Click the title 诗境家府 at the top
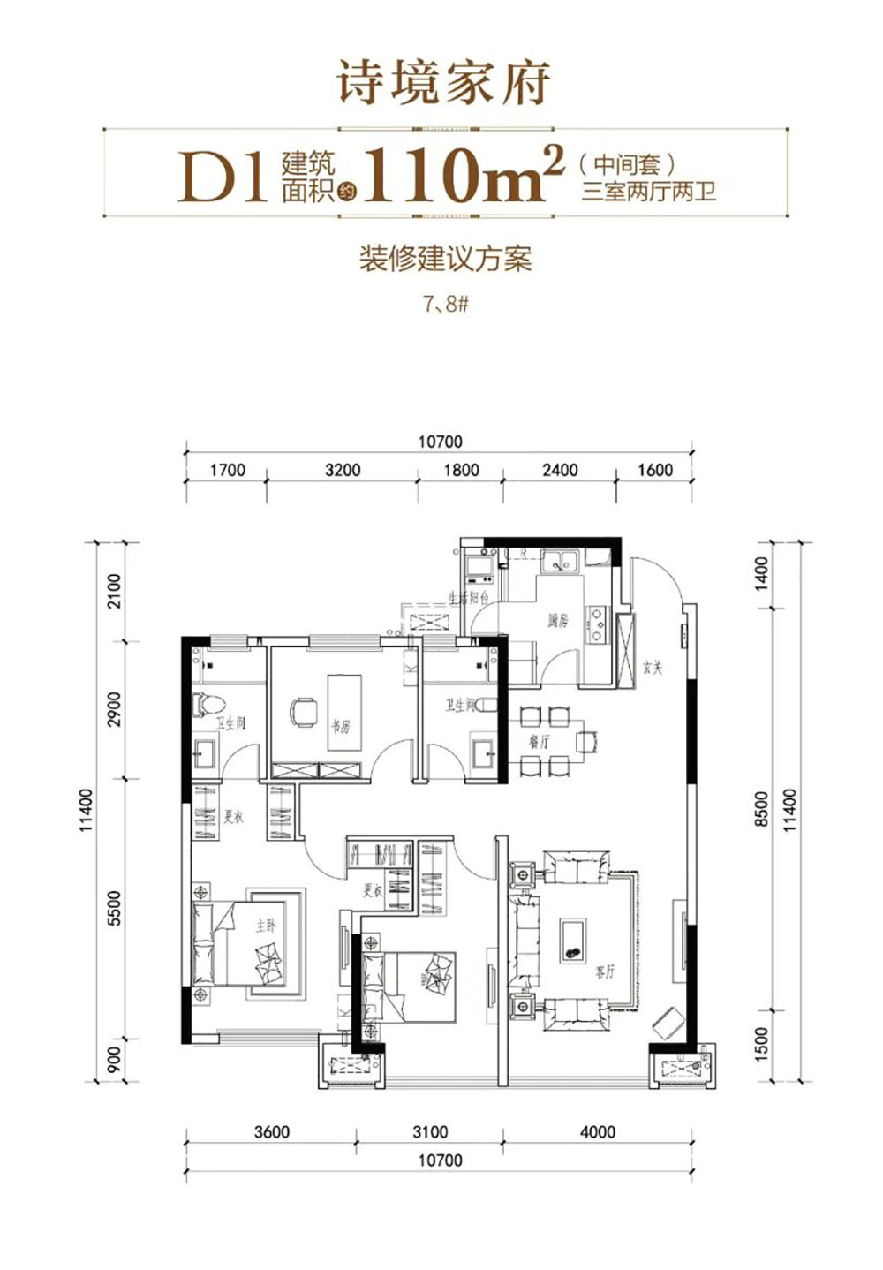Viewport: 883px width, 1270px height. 443,84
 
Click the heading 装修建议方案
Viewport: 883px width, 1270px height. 445,259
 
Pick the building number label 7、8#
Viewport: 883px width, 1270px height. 445,305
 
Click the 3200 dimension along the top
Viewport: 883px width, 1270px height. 343,470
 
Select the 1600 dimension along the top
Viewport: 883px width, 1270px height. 655,470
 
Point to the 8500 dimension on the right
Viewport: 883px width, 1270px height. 762,809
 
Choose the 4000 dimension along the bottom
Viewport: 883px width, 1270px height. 597,1131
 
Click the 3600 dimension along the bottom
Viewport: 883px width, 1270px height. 271,1131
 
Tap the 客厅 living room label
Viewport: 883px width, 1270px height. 605,972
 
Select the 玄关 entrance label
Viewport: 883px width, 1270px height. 653,668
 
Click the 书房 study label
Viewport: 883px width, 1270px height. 341,727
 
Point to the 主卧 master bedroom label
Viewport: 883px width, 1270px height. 266,926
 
